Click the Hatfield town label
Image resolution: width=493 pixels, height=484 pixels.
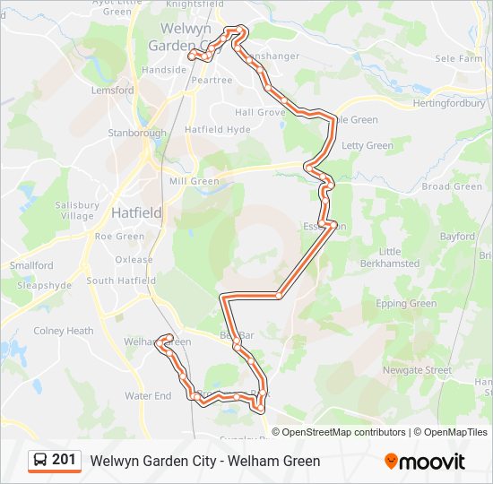[136, 213]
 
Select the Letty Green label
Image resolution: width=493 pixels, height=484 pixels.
[367, 145]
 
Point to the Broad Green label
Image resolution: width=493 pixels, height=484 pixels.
[452, 186]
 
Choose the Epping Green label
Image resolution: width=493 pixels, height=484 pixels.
[406, 304]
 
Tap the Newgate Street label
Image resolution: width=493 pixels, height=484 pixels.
[417, 370]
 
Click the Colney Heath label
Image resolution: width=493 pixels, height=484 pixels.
[64, 331]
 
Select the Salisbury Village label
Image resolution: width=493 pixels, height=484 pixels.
[75, 211]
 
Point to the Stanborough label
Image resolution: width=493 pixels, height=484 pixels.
[137, 133]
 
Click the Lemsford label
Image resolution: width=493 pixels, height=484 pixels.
[112, 91]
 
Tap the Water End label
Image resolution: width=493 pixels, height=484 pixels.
[148, 395]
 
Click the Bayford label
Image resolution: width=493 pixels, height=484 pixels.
[457, 237]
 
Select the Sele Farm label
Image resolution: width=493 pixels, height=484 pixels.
[459, 58]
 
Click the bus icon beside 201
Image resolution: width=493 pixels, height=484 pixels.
[40, 461]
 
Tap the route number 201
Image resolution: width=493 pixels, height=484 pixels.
[64, 460]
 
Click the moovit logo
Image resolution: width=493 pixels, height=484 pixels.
[425, 462]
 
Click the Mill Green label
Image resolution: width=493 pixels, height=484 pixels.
[194, 181]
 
